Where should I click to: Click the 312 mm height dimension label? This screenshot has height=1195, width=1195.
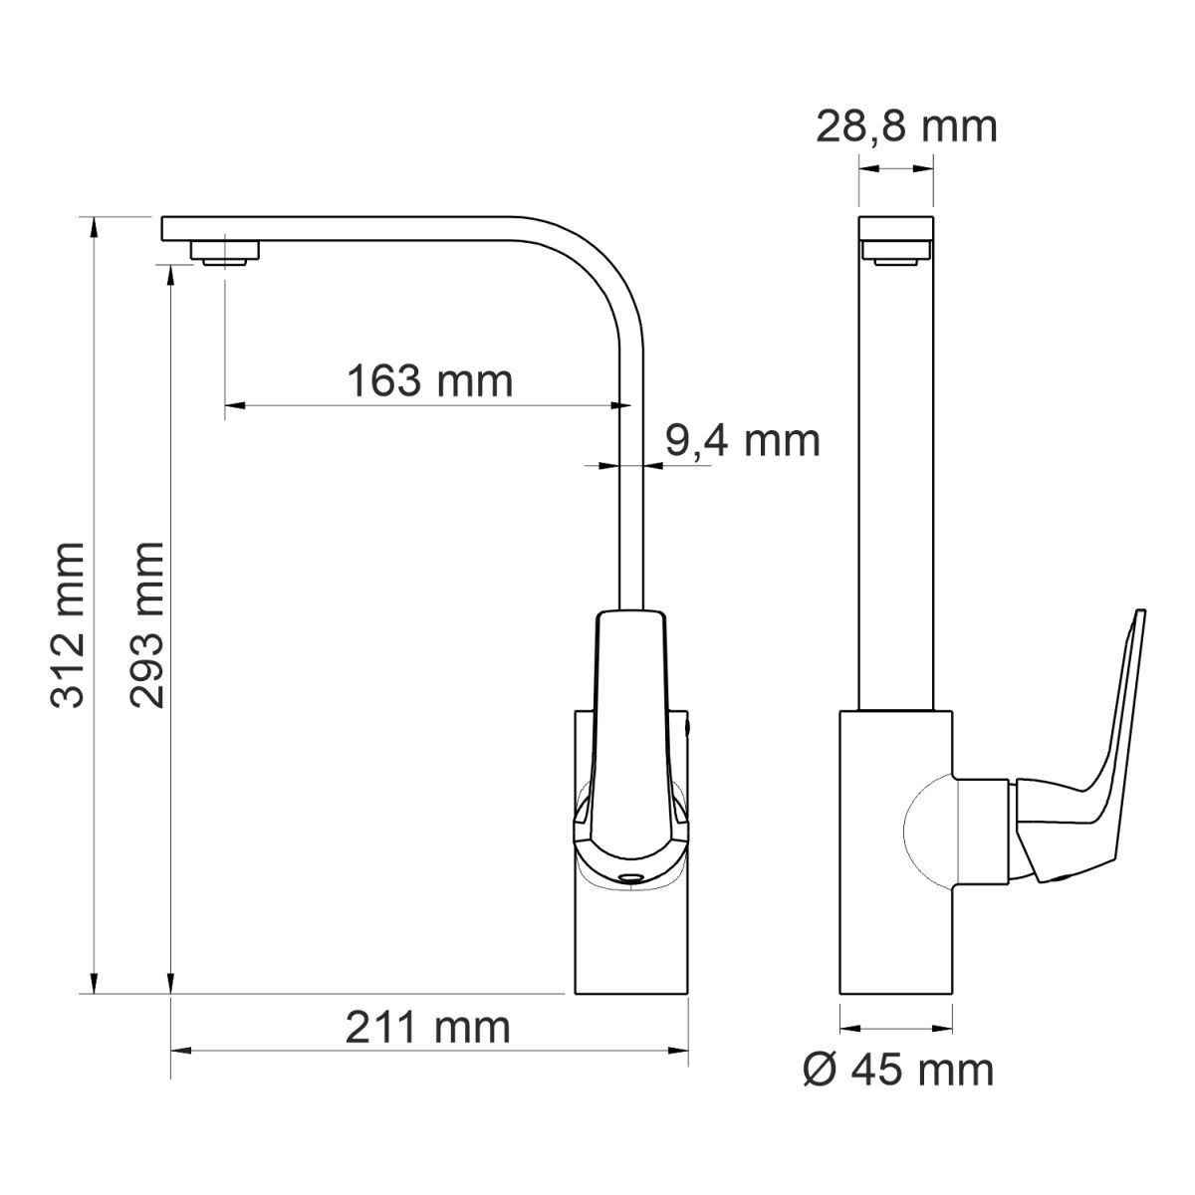(x=68, y=624)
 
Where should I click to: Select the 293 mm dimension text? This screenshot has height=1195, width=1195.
(x=147, y=624)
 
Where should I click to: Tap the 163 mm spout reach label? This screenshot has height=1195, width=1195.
(x=430, y=380)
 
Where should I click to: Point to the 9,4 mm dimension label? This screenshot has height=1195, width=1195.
(x=742, y=441)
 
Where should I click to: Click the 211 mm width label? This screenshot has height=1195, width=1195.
(x=428, y=1028)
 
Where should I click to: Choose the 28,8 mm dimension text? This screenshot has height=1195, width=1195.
(x=906, y=127)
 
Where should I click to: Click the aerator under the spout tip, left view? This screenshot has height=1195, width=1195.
(x=224, y=253)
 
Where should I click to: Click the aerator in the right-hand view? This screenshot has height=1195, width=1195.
(x=896, y=252)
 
